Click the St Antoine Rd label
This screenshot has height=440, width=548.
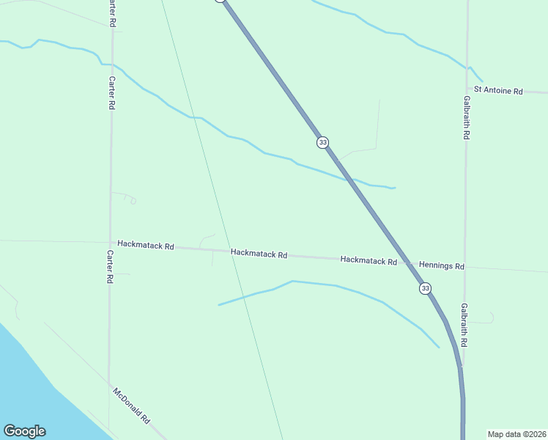click(498, 91)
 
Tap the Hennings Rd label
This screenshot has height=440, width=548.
click(442, 265)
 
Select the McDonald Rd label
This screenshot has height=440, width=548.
click(132, 406)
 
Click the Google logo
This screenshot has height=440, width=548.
click(24, 431)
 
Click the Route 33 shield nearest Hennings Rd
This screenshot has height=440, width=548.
click(426, 288)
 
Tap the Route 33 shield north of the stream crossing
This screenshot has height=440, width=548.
click(322, 142)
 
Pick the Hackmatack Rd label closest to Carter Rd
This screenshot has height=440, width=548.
click(146, 245)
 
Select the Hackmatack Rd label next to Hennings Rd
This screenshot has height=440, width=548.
click(369, 260)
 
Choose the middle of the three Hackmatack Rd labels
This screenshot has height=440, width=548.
click(259, 254)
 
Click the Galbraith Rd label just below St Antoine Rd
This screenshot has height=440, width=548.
click(466, 117)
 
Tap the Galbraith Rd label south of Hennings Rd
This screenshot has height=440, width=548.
click(464, 326)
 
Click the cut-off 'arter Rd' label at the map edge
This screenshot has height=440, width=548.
click(111, 13)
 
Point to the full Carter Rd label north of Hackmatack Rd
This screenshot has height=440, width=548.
click(111, 93)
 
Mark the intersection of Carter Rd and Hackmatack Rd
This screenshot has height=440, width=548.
click(111, 243)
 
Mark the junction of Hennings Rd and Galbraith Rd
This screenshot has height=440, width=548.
click(465, 267)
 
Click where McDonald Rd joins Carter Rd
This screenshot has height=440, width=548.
click(110, 384)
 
